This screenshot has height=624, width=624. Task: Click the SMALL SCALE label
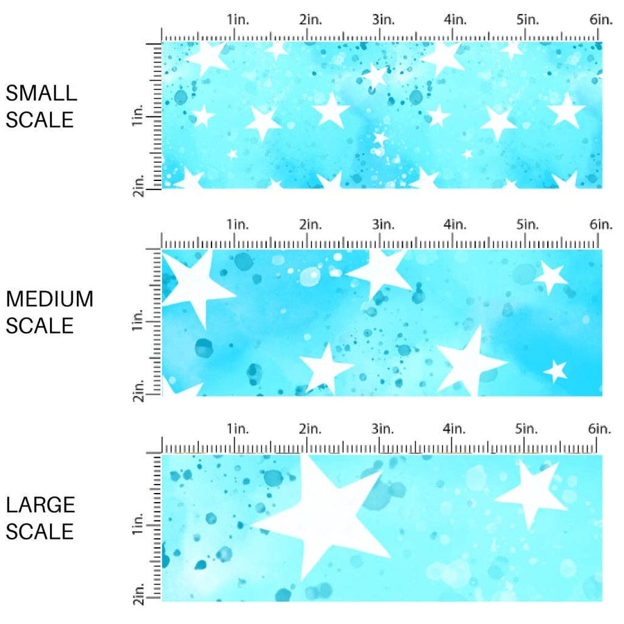(41, 106)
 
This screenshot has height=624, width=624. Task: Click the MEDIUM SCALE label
(49, 312)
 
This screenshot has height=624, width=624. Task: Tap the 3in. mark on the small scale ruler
(383, 20)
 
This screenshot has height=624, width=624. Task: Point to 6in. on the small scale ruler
(601, 20)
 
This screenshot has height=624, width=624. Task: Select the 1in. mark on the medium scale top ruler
(238, 224)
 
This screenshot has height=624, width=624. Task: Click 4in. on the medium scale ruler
(456, 224)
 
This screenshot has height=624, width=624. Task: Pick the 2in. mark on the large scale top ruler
(311, 429)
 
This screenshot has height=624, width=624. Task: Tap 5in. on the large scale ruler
(528, 429)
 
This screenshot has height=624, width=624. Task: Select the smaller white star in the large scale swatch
(531, 491)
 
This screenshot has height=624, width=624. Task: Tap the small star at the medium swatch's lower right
(555, 371)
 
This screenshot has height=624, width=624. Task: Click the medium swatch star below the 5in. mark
(551, 277)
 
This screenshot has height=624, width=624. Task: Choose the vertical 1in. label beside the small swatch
(137, 119)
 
